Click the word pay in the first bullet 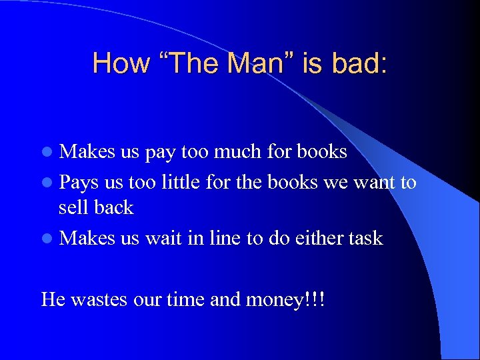(x=159, y=153)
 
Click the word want (x=372, y=181)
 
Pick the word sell (x=73, y=208)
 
